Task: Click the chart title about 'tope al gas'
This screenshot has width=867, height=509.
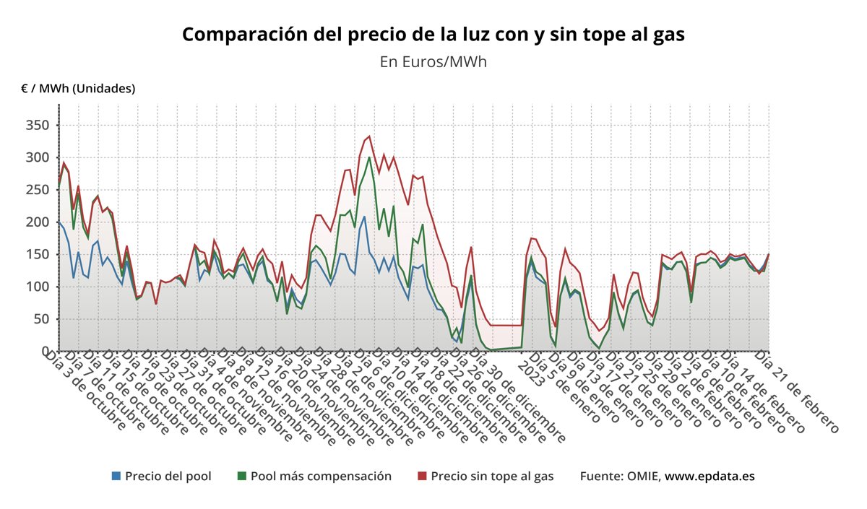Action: click(433, 34)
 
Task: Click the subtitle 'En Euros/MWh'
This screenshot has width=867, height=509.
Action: click(433, 61)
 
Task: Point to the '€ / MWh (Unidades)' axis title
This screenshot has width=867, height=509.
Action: click(78, 88)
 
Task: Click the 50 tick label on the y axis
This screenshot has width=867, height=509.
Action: click(41, 319)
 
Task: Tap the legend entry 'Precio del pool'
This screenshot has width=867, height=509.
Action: click(168, 476)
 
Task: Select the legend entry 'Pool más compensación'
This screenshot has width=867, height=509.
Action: click(321, 476)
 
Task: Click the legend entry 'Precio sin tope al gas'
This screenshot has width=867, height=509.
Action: click(492, 476)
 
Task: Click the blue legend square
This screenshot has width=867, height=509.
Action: click(116, 476)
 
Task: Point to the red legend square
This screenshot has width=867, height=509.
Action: click(422, 476)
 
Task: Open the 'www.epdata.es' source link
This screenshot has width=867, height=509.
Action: click(709, 476)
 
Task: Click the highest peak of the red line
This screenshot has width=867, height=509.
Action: click(369, 136)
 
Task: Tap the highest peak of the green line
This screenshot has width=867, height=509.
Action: click(369, 157)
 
